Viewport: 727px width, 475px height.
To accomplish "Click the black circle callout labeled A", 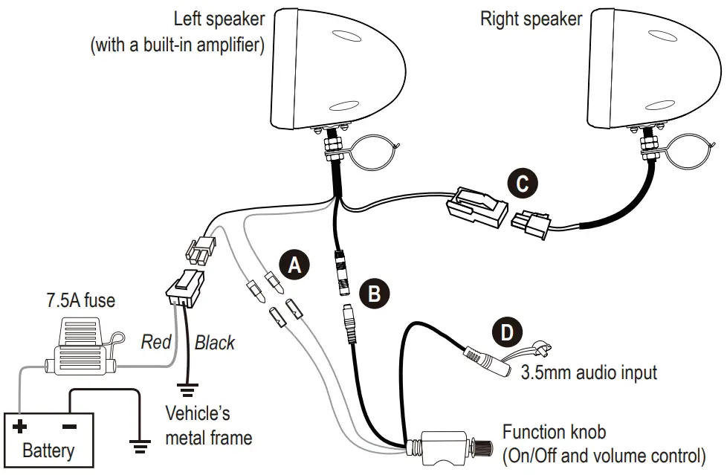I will [x=294, y=265].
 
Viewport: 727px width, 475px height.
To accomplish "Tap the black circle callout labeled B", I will [x=375, y=293].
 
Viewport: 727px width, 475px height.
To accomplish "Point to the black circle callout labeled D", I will [x=507, y=331].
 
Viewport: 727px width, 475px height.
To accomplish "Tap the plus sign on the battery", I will [x=20, y=427].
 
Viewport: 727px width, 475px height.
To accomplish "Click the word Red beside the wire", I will [x=156, y=342].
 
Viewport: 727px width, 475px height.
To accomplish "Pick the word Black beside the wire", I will [x=214, y=342].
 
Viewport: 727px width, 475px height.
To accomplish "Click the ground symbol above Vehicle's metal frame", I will [x=187, y=388].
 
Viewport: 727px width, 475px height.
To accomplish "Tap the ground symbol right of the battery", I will [x=138, y=445].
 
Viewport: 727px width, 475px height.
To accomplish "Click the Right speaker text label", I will [x=531, y=19].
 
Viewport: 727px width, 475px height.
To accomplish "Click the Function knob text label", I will [x=554, y=432].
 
